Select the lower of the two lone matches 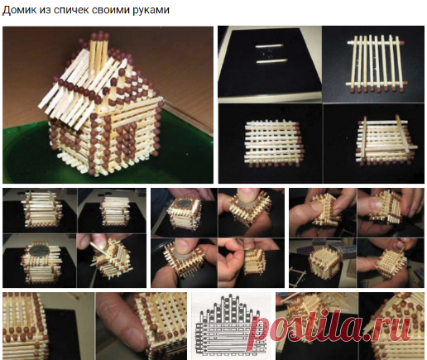(271, 60)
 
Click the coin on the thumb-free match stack (39, 251)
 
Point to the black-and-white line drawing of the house (231, 325)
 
